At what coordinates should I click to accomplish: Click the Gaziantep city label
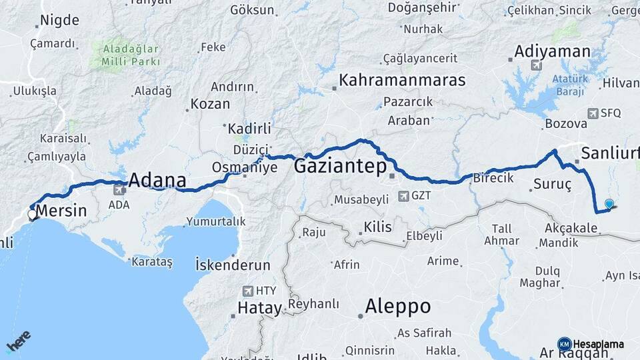tap(339, 165)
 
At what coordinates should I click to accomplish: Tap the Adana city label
tap(157, 180)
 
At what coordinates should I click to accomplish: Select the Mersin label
tap(60, 211)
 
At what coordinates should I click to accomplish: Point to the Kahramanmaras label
tap(401, 81)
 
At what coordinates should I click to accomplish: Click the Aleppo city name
tap(397, 307)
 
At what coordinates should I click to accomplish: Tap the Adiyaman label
tap(552, 51)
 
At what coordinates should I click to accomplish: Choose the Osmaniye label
tap(244, 167)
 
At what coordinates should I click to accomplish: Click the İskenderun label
tap(233, 263)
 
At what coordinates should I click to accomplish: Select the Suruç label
tap(553, 182)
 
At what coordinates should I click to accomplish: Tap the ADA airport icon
tap(119, 189)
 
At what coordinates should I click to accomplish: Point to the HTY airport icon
tap(249, 291)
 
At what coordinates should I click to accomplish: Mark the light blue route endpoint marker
tap(609, 204)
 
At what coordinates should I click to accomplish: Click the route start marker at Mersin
tap(32, 215)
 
